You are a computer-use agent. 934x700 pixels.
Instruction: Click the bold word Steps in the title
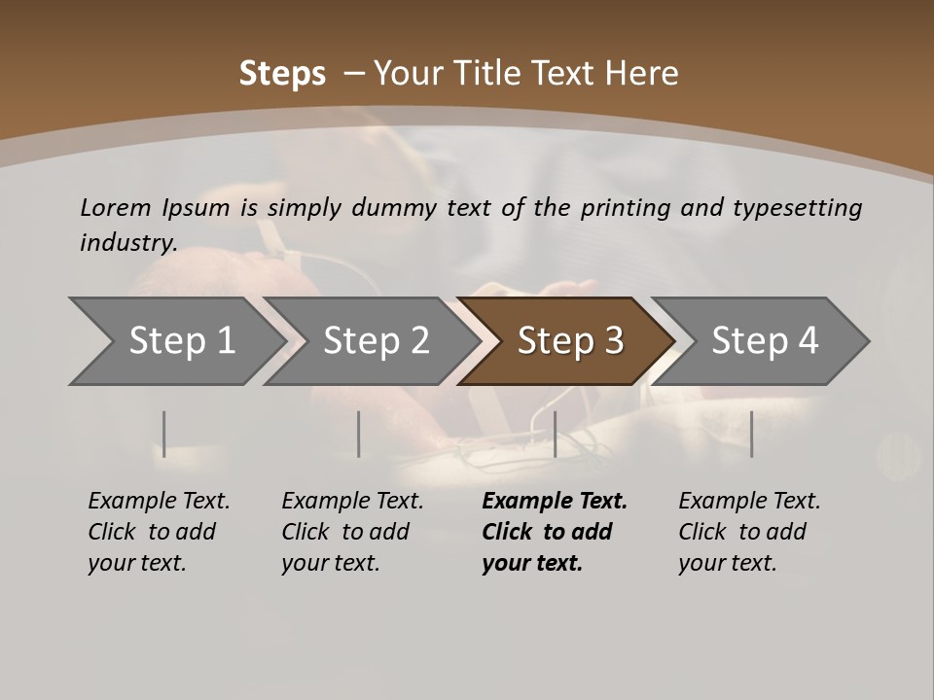pos(282,74)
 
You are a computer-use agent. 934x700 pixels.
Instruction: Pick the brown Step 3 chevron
pos(570,340)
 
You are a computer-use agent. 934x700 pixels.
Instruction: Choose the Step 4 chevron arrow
pos(765,340)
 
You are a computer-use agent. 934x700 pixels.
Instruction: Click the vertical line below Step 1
pos(164,434)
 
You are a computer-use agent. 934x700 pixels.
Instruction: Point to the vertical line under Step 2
pos(359,434)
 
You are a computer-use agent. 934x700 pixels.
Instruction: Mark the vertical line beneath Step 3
pos(555,434)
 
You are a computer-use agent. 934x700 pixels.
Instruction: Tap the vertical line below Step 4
pos(751,434)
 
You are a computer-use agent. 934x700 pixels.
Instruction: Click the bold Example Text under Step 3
pos(555,502)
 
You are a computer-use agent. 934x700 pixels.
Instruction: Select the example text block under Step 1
pos(159,532)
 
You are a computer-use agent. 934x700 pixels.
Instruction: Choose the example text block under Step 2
pos(352,532)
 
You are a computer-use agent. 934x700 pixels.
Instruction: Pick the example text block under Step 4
pos(749,532)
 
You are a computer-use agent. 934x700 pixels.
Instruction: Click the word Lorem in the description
pos(116,207)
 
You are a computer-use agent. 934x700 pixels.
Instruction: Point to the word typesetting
pos(797,207)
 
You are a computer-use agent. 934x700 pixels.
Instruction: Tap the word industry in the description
pos(128,242)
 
